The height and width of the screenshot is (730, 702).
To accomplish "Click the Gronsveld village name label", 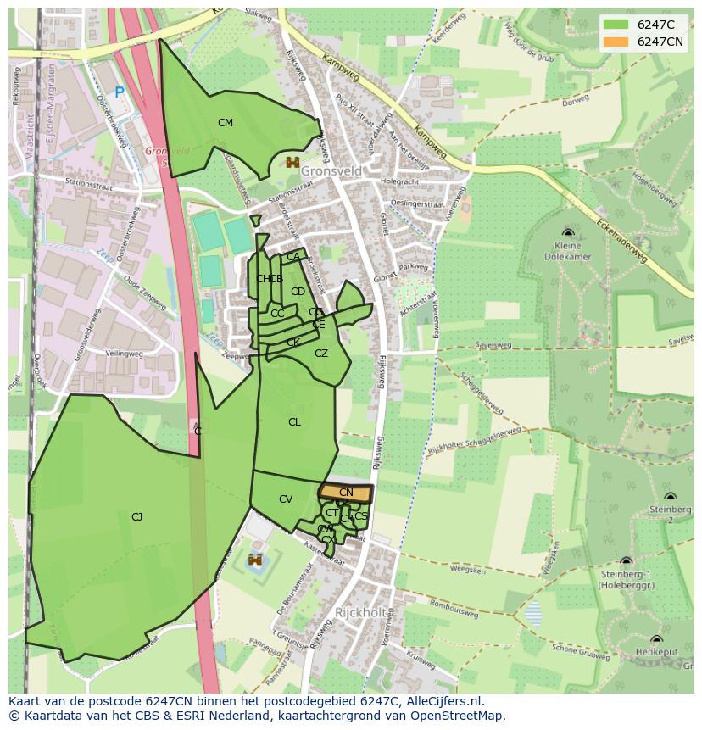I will tap(331, 171).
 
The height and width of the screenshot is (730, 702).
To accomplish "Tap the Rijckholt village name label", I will tap(360, 612).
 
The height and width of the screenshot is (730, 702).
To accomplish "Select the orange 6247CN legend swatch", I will tap(616, 42).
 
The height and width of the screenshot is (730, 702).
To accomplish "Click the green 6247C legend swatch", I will tap(616, 25).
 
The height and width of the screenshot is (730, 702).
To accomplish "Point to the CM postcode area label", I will tap(225, 123).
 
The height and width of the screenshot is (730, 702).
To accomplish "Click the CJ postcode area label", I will tap(136, 516).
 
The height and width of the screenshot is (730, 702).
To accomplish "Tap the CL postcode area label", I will tap(294, 422).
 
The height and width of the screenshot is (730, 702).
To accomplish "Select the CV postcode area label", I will tap(286, 499).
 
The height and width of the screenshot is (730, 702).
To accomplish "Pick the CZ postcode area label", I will tap(321, 354).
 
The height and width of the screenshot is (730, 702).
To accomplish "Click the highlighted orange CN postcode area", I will tap(346, 493).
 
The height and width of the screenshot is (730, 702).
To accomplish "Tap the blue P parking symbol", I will tap(120, 92).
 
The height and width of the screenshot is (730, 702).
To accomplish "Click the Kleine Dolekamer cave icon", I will tap(568, 232).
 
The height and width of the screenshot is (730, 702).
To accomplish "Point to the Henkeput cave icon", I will tap(656, 639).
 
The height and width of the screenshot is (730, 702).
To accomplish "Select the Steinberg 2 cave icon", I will tap(670, 497).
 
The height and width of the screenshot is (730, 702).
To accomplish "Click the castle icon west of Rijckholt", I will tap(255, 560).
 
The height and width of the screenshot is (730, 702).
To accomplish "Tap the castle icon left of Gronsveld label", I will tap(292, 162).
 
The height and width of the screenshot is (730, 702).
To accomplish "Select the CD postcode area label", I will tap(298, 292).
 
